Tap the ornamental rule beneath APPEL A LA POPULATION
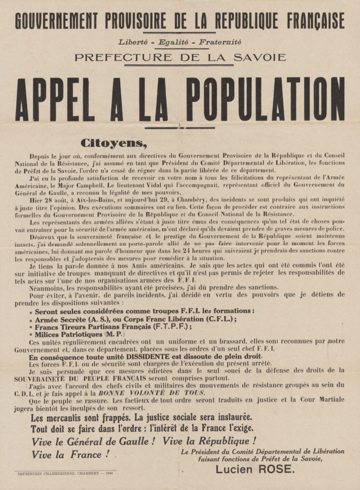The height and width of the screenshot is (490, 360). click(x=180, y=127)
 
